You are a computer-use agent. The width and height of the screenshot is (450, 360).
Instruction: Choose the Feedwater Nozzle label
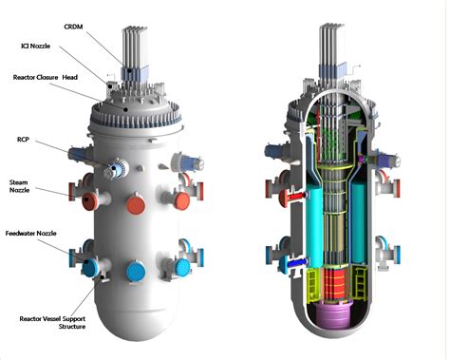coord(30,233)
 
